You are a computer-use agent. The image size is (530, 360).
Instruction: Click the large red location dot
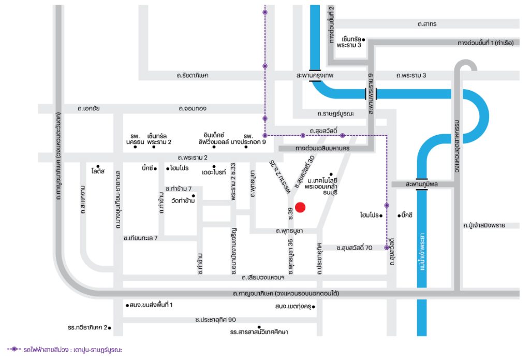tap(300, 207)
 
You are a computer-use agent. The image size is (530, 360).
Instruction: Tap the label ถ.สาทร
tap(427, 24)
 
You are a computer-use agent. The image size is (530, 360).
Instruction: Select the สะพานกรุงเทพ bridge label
tap(315, 75)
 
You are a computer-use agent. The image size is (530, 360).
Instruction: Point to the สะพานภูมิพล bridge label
tap(421, 184)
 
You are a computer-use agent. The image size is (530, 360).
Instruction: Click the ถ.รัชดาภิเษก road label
tap(193, 75)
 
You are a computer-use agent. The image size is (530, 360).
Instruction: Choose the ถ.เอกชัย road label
tap(89, 108)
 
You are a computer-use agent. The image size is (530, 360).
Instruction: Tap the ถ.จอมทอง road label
tap(193, 108)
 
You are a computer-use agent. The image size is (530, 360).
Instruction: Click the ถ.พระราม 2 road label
tap(193, 157)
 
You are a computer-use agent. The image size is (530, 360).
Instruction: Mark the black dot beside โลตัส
tap(98, 166)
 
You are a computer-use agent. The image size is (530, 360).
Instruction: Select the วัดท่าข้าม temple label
tap(183, 200)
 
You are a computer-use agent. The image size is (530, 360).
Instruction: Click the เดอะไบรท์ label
tap(214, 172)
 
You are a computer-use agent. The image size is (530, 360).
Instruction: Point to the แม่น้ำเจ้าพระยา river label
tap(422, 251)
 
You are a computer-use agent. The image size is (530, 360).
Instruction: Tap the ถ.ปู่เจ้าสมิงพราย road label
tap(484, 225)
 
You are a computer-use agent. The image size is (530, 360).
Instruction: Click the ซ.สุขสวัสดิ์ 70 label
tap(354, 248)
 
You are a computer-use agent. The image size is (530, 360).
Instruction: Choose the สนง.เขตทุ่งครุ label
tap(293, 307)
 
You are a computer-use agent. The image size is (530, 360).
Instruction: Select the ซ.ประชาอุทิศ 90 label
tap(216, 320)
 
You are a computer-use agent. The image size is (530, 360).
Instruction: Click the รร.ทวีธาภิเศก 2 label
tap(87, 327)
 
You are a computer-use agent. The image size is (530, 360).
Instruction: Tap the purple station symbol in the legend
tap(14, 349)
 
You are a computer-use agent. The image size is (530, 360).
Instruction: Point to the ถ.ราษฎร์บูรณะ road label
tap(335, 113)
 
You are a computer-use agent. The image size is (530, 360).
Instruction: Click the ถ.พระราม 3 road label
tap(411, 75)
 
